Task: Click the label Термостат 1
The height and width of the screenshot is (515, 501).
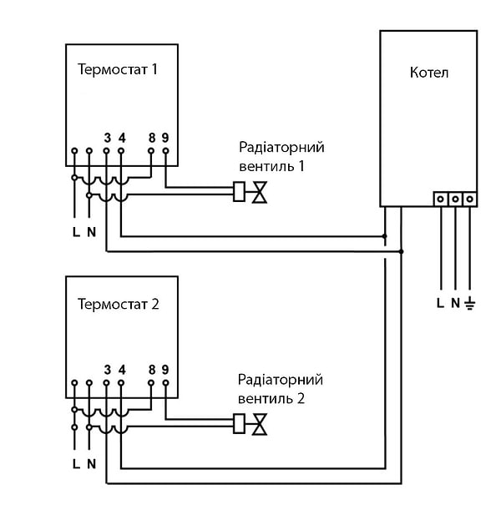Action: pos(118,69)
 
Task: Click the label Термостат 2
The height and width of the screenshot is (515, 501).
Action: pos(118,303)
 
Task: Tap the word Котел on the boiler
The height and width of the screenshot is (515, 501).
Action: pos(429,73)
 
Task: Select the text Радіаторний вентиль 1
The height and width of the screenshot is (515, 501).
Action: pos(281,156)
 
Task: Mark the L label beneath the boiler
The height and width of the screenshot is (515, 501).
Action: pos(440,303)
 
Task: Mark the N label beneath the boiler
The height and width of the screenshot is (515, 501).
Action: pos(455,303)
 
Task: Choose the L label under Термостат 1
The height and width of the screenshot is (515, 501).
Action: pos(76,231)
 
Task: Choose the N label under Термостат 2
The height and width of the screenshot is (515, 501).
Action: pos(91,463)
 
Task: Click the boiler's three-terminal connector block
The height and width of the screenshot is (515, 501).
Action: pos(455,199)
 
